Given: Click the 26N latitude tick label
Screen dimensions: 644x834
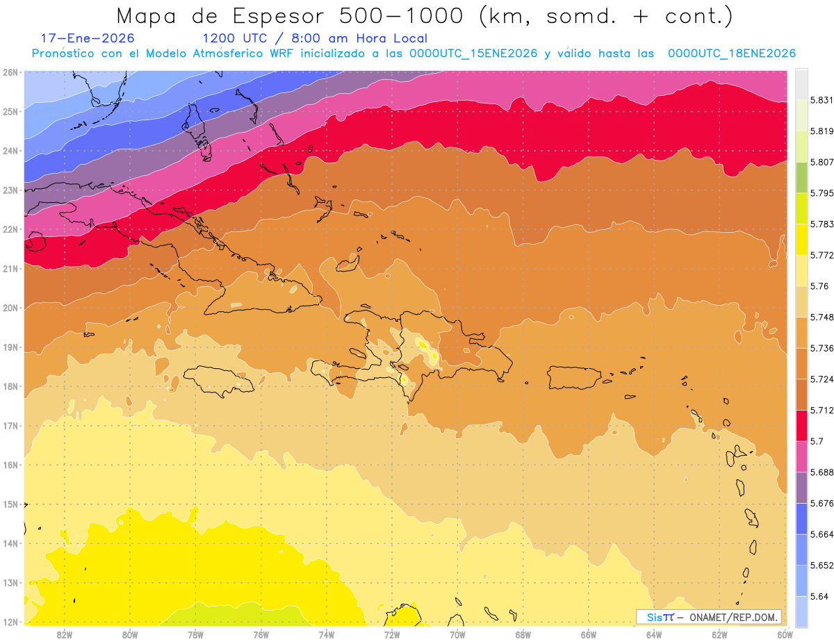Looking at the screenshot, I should [x=10, y=72].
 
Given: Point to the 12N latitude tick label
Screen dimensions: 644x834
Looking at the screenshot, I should [x=10, y=622].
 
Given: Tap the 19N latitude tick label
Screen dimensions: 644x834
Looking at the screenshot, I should [x=10, y=347].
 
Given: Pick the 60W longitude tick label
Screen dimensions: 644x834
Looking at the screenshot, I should [x=785, y=634].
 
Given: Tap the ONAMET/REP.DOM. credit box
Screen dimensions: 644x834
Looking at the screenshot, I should [x=708, y=617].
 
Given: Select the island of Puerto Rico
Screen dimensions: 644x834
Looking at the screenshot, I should [x=578, y=377].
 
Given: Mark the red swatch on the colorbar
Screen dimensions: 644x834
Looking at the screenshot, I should [x=801, y=425].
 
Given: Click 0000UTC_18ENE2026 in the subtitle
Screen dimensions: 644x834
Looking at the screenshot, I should [x=731, y=53].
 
